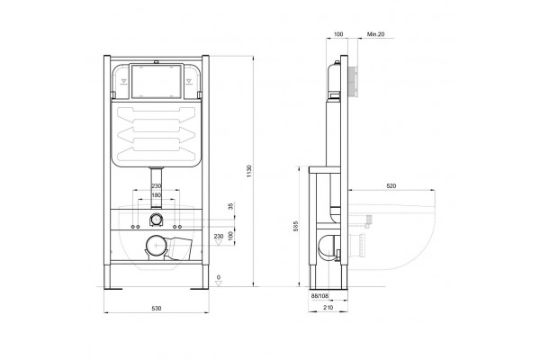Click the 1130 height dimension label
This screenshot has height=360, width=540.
coord(249,171)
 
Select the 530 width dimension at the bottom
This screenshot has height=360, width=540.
coord(157,309)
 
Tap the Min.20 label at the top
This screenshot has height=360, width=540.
coord(375,34)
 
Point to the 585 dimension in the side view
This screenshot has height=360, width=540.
coord(295,226)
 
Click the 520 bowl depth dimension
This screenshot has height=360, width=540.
coord(391,186)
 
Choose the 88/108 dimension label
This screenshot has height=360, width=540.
coord(319,295)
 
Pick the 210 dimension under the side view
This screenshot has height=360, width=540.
coord(328,307)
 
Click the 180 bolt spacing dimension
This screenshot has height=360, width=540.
coord(157,195)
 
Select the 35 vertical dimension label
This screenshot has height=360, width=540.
coord(230,206)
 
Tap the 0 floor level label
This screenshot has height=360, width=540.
coord(219,277)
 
